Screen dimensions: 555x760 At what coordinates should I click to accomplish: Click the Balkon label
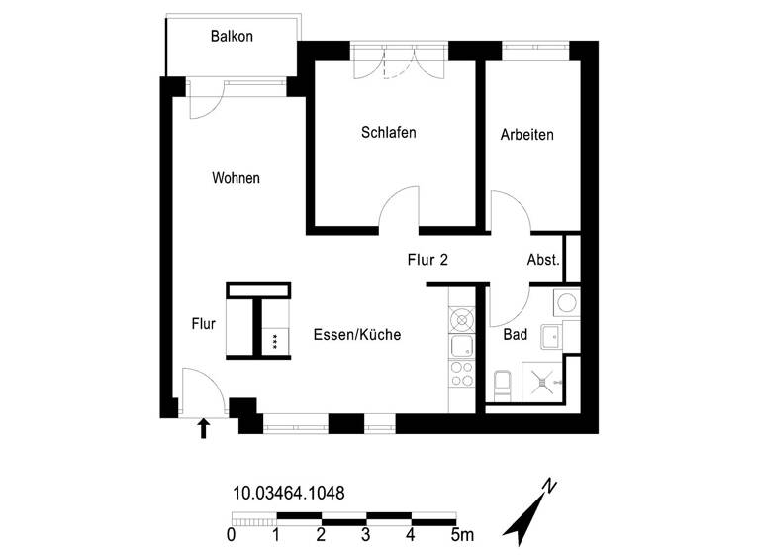click(x=233, y=37)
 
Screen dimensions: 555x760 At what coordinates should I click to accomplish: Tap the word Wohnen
click(x=236, y=179)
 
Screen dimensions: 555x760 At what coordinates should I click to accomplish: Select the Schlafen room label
click(x=388, y=133)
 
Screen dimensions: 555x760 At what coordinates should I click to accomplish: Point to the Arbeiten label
click(x=526, y=134)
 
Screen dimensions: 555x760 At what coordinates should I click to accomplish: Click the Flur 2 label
click(x=428, y=261)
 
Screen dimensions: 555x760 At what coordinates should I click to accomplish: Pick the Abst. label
click(x=544, y=261)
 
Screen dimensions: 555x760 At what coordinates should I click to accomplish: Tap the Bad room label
click(x=515, y=335)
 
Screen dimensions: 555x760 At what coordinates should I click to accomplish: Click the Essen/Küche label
click(x=356, y=335)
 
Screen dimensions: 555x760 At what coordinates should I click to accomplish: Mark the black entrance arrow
click(x=205, y=427)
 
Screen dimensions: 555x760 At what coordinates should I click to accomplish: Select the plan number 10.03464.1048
click(x=288, y=491)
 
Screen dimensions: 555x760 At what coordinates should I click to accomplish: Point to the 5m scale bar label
click(x=461, y=536)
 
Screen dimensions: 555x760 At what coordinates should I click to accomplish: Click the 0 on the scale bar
click(x=231, y=536)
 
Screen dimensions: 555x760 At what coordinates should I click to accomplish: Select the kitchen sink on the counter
click(x=462, y=347)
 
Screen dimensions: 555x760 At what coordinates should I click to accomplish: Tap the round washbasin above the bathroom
click(x=568, y=302)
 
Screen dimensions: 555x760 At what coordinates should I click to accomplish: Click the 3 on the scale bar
click(x=366, y=536)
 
